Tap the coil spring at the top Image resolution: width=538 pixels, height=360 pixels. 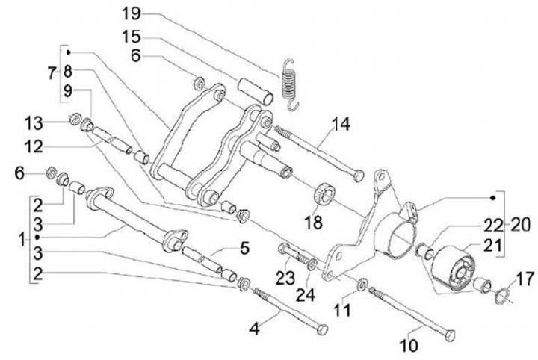[x=288, y=83]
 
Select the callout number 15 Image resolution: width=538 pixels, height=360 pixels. [x=132, y=35]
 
